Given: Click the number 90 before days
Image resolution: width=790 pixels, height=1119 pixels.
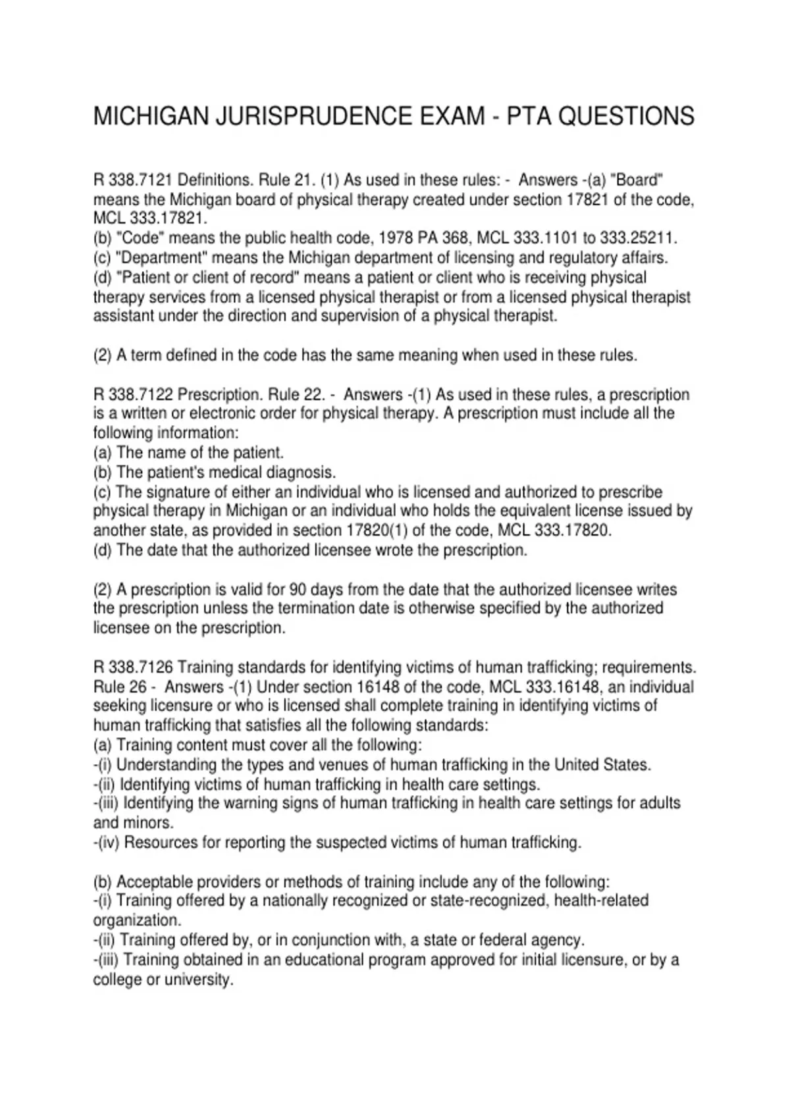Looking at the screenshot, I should pos(298,589).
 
